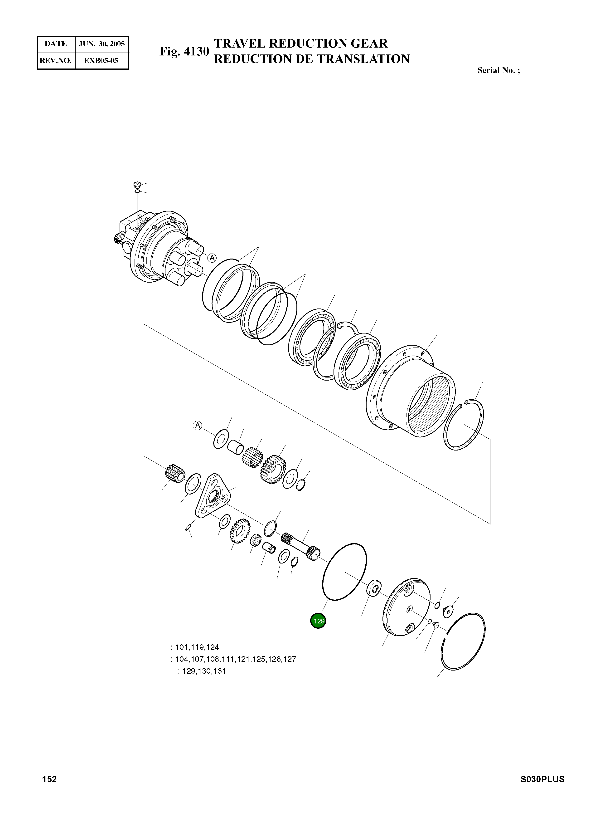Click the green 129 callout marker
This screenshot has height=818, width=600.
[x=318, y=621]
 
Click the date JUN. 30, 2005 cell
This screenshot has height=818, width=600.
[x=102, y=44]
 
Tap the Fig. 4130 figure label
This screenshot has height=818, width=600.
[x=184, y=52]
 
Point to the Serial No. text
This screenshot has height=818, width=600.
[x=498, y=70]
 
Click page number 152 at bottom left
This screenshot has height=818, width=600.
[x=49, y=787]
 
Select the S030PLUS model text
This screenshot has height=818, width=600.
[x=542, y=787]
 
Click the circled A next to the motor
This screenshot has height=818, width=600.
[x=212, y=258]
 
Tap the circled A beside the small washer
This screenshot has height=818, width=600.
[x=197, y=425]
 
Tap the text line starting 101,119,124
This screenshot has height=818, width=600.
[x=195, y=647]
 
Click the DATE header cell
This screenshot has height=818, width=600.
[x=56, y=44]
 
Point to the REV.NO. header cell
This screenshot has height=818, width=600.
[x=56, y=60]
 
